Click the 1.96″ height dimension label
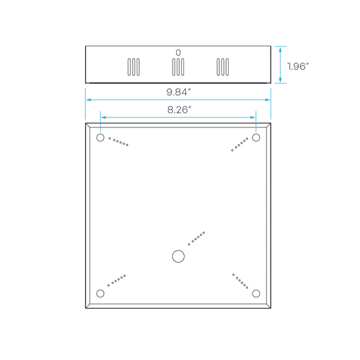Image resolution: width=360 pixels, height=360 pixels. tap(298, 67)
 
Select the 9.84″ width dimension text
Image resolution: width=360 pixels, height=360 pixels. tap(179, 92)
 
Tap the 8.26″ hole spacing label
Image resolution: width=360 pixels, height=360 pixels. tap(179, 110)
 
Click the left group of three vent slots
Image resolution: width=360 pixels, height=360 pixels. tap(133, 67)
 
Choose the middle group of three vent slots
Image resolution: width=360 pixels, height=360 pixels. tap(178, 67)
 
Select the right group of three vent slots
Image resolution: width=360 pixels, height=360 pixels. tap(223, 67)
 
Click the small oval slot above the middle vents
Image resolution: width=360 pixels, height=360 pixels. tap(178, 53)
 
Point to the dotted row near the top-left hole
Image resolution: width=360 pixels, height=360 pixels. tap(118, 141)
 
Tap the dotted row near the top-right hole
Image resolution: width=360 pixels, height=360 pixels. tap(240, 145)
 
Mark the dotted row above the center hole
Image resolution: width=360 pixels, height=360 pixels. tap(196, 239)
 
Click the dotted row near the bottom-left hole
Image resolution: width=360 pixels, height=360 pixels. tap(117, 281)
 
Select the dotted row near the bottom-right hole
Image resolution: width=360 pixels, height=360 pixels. tap(240, 281)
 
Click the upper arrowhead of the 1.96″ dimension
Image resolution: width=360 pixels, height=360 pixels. tap(280, 49)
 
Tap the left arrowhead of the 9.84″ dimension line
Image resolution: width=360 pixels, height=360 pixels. tap(89, 100)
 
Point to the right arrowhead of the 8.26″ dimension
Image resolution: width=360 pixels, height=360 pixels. tap(252, 117)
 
